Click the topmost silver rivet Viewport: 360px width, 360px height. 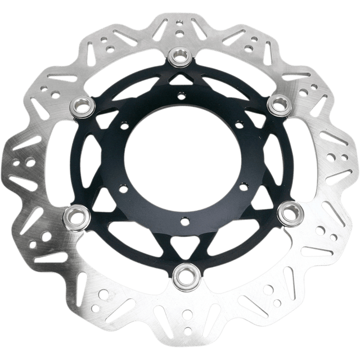click(181, 55)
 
